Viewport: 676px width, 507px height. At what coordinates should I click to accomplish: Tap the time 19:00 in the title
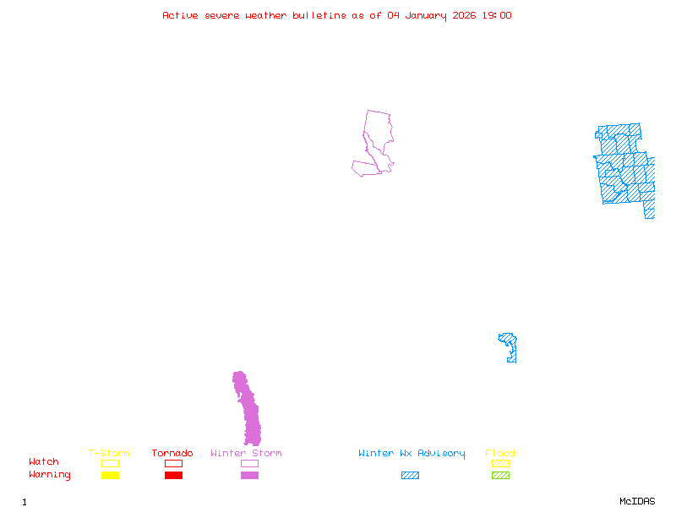496,15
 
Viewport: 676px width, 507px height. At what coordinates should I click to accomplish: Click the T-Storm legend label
109,454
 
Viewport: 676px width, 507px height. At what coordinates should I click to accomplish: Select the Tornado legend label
172,454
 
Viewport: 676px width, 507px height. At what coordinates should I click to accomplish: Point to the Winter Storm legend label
246,454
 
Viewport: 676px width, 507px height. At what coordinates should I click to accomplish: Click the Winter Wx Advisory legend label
412,454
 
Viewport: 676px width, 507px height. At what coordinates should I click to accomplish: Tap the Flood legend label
500,454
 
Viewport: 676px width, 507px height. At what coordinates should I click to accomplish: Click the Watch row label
44,462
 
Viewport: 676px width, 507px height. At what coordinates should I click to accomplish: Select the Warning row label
50,475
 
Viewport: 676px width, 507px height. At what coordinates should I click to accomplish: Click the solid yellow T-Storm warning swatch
110,476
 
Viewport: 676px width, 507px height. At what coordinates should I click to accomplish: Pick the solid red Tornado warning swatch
173,476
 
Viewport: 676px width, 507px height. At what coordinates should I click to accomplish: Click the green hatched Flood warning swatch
500,476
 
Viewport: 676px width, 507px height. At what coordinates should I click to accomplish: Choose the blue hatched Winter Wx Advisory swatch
410,476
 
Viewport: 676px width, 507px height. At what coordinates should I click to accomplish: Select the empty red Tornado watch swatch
173,463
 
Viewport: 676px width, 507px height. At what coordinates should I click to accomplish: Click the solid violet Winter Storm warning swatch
249,476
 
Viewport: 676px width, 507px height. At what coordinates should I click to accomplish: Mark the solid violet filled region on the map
249,414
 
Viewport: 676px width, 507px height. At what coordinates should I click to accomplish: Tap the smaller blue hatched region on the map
510,346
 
